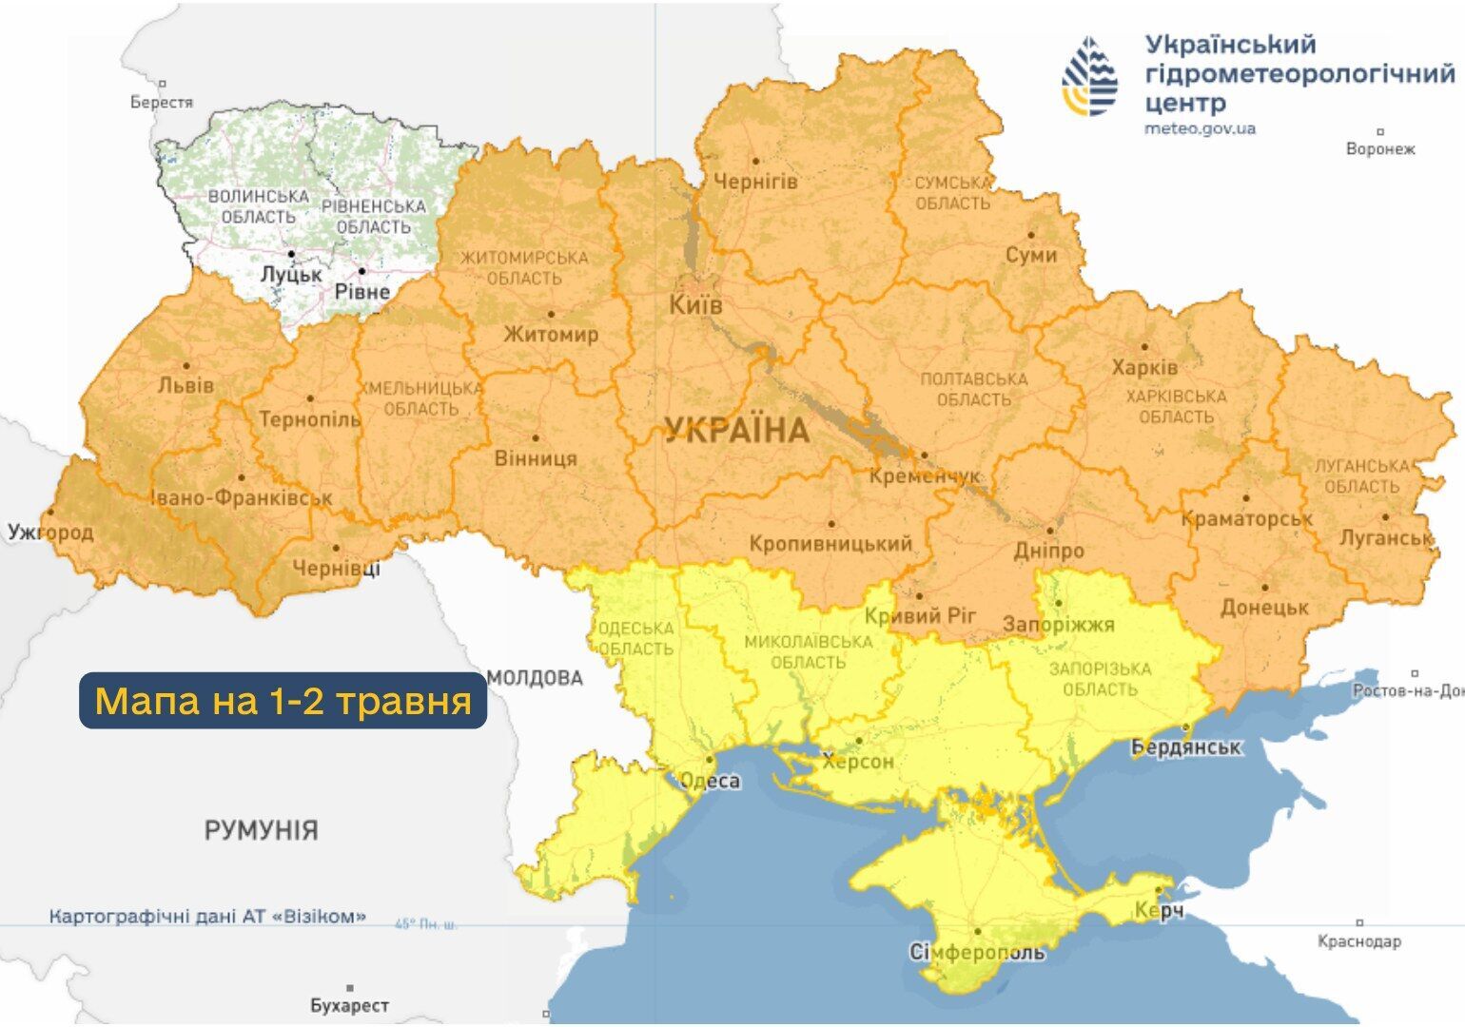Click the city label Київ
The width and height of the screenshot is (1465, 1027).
[x=695, y=305]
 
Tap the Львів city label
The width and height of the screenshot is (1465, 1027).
[x=186, y=386]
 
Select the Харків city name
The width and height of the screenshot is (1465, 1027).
[x=1144, y=367]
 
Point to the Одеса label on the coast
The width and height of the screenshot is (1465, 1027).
[x=710, y=781]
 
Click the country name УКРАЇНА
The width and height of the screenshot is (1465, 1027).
[x=736, y=431]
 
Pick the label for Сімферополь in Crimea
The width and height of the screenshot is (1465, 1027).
[x=977, y=952]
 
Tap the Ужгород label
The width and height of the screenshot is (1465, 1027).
[x=50, y=532]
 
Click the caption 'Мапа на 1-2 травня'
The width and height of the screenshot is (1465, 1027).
[x=283, y=701]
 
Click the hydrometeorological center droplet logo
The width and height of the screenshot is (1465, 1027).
[x=1090, y=77]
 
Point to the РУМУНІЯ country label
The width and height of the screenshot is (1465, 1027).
[x=261, y=830]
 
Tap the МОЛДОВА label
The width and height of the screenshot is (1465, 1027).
[x=535, y=678]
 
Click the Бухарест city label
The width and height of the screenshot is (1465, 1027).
[x=349, y=1005]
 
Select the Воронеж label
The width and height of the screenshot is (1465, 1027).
[x=1380, y=149]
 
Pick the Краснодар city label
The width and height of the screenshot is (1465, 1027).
[x=1358, y=941]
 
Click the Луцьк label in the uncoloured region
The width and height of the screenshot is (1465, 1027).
[x=291, y=274]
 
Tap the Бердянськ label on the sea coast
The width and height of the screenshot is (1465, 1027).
[x=1185, y=747]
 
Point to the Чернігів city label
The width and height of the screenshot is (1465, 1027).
[x=755, y=181]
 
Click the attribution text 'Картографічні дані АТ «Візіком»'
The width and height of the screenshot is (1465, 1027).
[x=207, y=917]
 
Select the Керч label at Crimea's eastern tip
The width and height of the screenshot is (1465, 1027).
[x=1159, y=911]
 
